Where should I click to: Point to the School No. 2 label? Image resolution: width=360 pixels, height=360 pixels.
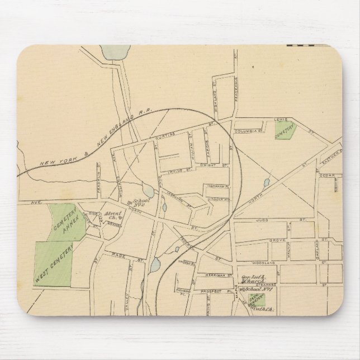tap(134, 203)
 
